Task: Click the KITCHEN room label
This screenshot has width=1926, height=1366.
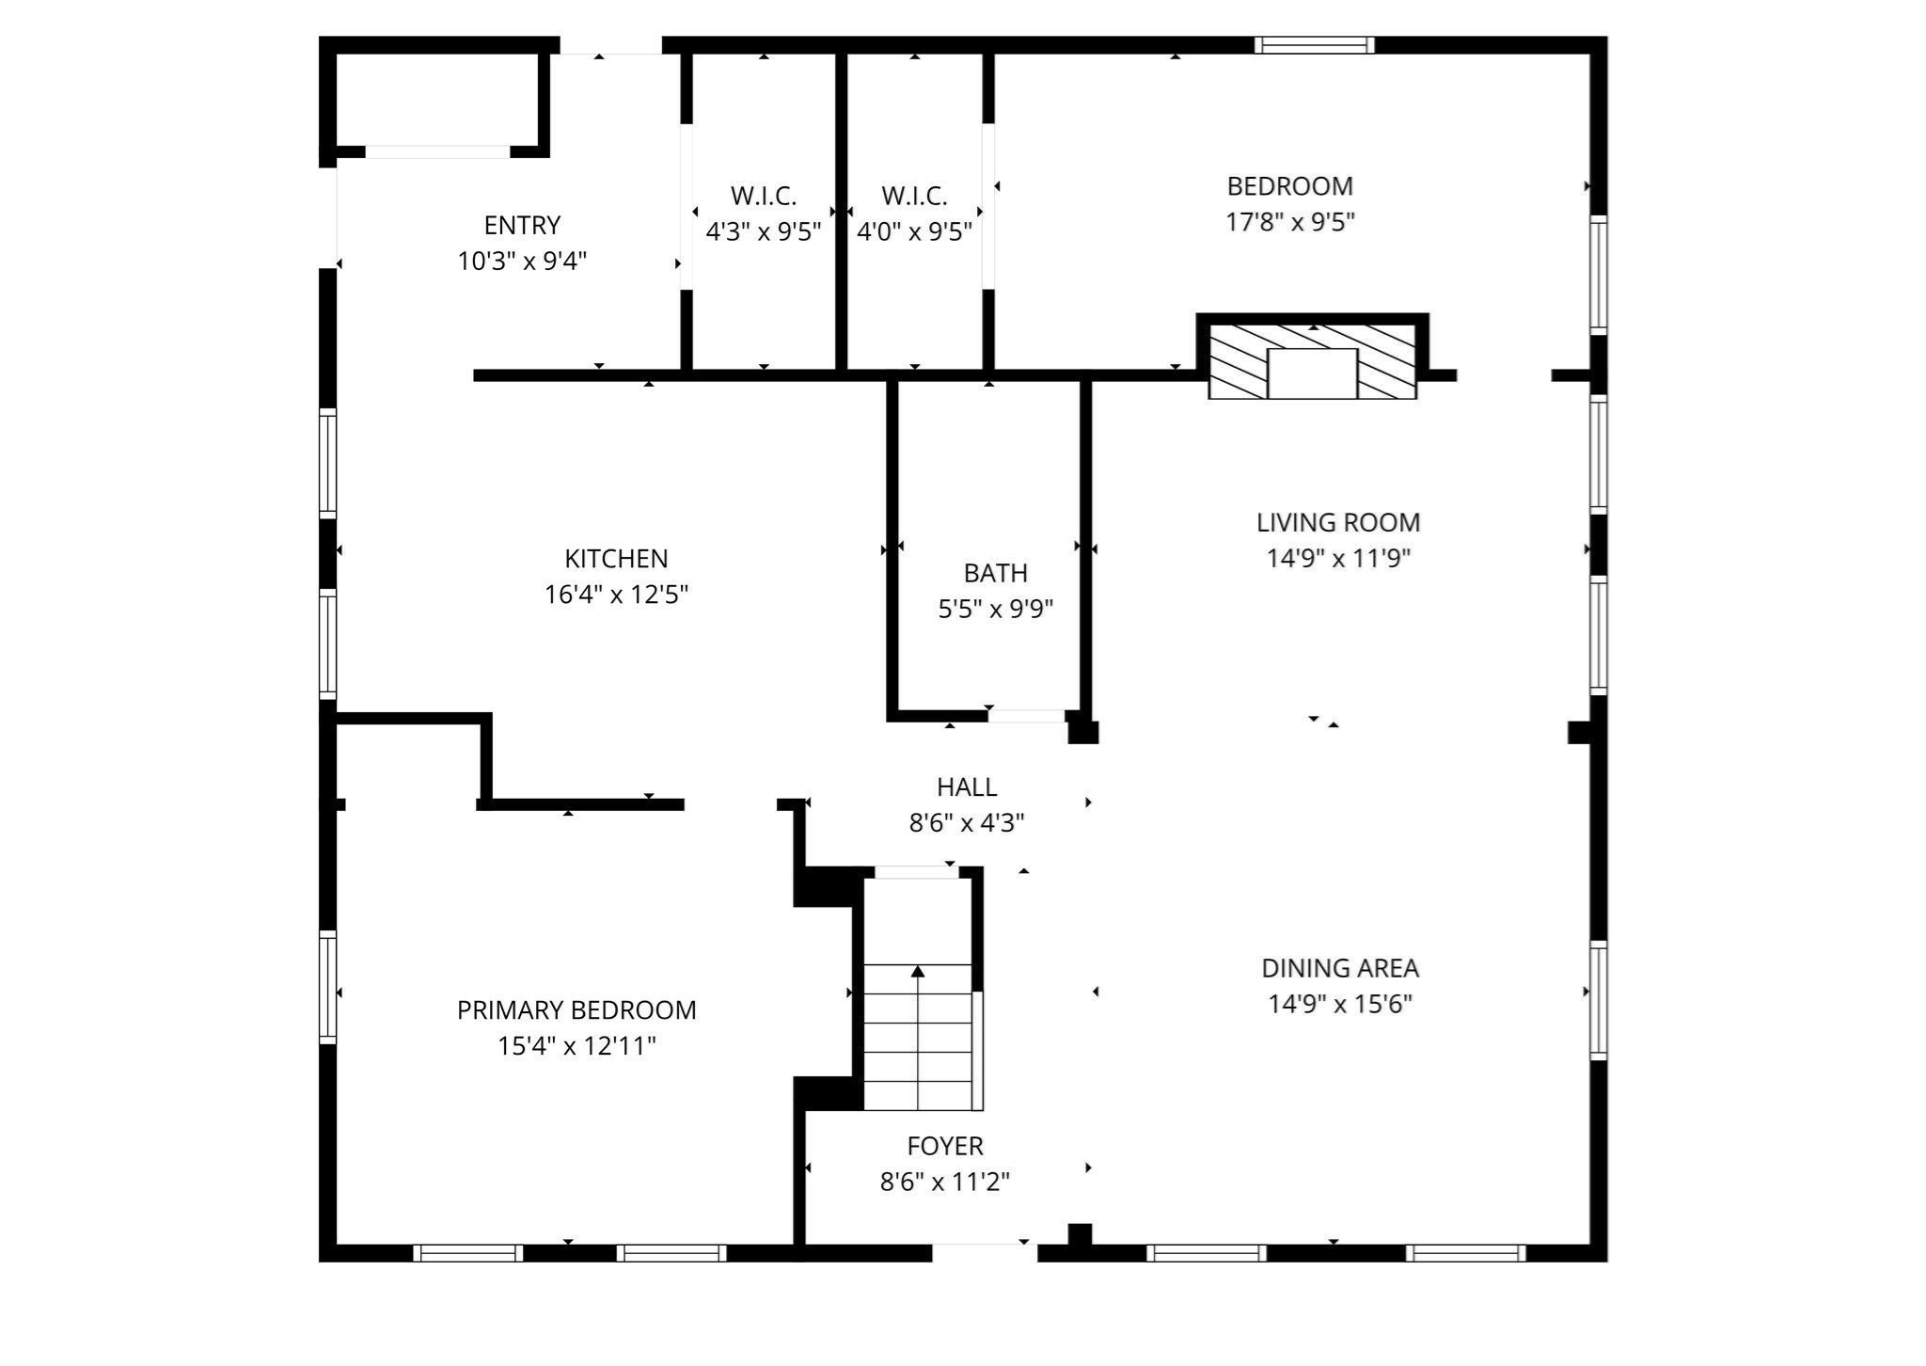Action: (616, 559)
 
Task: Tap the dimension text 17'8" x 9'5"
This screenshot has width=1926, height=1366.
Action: (1289, 222)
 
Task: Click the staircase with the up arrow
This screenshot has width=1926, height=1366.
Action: (918, 1035)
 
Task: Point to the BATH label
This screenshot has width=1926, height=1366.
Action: (995, 573)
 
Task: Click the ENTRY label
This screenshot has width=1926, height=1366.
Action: (522, 226)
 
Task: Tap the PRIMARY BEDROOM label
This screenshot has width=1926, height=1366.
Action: (576, 1010)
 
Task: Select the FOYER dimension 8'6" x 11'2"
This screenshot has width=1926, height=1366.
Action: (944, 1182)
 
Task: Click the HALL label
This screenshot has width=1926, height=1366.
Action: (966, 786)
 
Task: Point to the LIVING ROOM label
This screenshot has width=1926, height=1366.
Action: (1338, 522)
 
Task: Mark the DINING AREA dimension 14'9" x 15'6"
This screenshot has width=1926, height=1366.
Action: (1340, 1004)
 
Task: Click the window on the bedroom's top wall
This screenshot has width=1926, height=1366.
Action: (1315, 45)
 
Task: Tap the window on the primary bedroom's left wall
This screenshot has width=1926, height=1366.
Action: (327, 987)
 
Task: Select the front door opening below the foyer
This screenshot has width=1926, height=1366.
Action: (984, 1252)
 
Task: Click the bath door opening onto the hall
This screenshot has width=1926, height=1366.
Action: (1025, 717)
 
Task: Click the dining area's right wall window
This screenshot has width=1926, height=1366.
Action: (1598, 999)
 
